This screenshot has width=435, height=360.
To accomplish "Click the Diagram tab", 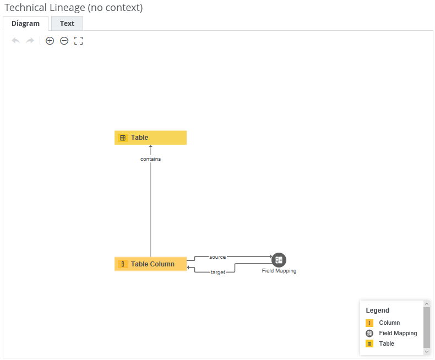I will [25, 24].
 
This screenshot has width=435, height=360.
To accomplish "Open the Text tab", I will [67, 24].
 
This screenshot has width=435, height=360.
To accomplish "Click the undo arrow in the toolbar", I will [15, 41].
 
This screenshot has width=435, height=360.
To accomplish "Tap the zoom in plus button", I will [50, 41].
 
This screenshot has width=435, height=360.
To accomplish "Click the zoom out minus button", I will [64, 41].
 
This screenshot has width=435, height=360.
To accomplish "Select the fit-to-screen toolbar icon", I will [78, 41].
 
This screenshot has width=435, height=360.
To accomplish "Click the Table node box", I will [150, 138].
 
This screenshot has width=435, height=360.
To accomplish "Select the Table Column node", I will [150, 264].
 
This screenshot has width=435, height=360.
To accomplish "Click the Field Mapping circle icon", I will [279, 260].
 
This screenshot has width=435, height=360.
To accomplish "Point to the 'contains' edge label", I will [150, 159].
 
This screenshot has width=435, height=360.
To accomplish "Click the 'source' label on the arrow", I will [218, 257].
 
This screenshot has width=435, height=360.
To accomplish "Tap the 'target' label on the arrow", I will [218, 272].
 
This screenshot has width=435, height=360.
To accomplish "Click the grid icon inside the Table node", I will [123, 138].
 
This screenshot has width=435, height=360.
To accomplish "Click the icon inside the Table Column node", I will [123, 264].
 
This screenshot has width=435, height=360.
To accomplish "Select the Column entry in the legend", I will [389, 323].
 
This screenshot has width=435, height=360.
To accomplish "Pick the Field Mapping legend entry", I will [398, 333].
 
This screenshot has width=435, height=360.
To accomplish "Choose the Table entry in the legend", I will [387, 343].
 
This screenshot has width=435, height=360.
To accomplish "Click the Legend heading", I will [377, 310].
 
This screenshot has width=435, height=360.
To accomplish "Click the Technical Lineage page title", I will [74, 8].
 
